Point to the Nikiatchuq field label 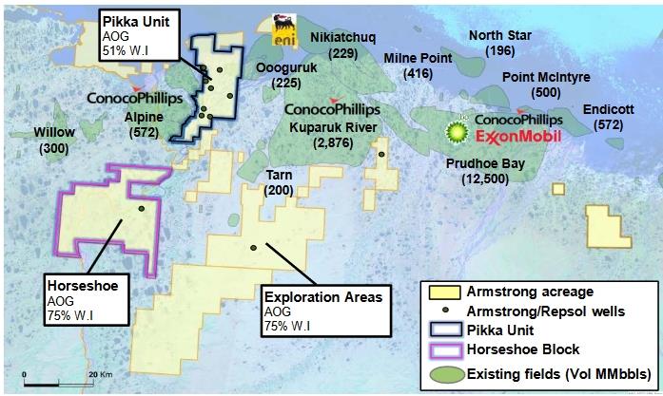tap(343, 44)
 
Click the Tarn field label tap(280, 182)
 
